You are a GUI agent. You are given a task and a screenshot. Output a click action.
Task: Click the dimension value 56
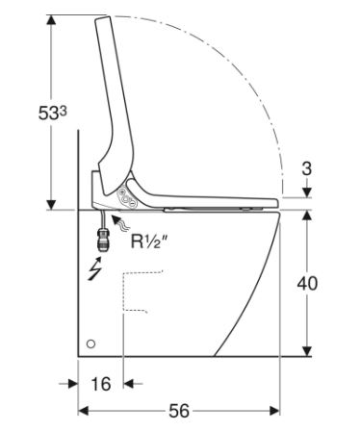point(179,411)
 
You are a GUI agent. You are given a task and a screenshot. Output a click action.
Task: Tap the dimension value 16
point(101,384)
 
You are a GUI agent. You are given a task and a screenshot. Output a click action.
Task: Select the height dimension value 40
point(307,283)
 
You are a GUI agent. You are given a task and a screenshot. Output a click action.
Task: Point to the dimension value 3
point(307,168)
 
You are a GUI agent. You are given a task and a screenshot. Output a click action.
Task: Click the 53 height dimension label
point(52,113)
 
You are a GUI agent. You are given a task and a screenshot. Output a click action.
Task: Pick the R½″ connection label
point(149,241)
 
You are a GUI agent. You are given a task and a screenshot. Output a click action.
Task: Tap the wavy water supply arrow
point(120,223)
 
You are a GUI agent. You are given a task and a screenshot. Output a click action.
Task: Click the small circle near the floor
point(90,343)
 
